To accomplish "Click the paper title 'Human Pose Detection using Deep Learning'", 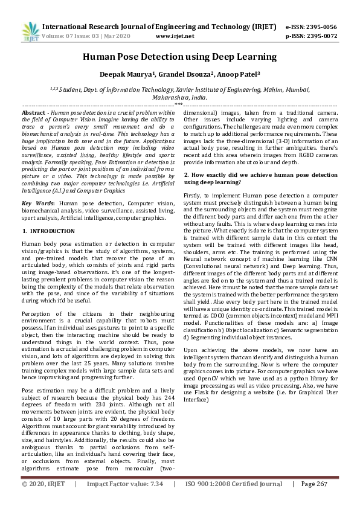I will (179, 57).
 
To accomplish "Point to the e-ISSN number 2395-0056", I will (320, 27).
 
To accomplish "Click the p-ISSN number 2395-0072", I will (320, 36).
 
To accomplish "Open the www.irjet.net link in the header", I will (175, 36).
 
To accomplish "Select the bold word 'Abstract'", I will (33, 113).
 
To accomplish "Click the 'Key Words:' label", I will (37, 204).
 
